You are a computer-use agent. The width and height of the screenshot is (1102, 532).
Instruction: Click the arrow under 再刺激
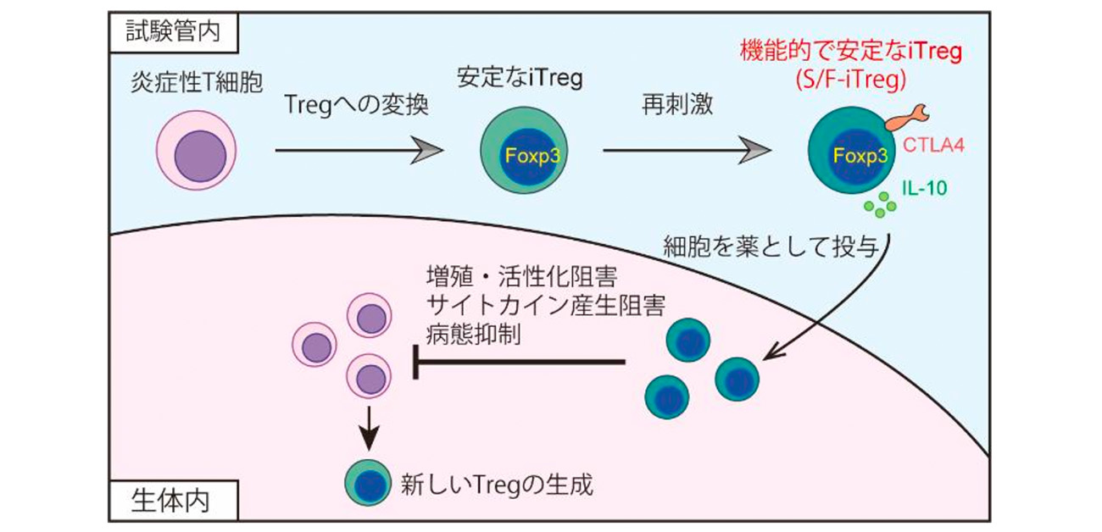tap(687, 152)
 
